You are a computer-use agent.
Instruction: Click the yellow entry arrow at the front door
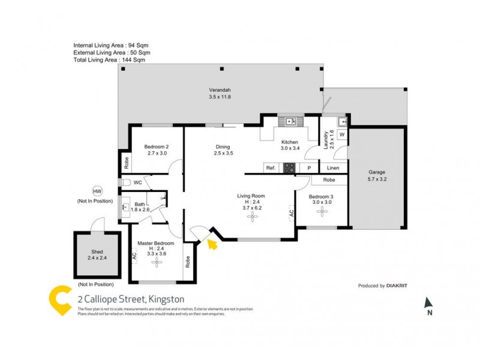pos(211,242)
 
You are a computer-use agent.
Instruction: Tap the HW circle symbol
pos(97,191)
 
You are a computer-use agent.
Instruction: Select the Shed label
pos(96,252)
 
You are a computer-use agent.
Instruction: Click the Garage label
pos(377,172)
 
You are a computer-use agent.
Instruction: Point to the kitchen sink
pos(292,121)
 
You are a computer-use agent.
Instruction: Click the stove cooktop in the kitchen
pos(290,168)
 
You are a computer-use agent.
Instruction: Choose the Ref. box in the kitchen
pos(271,168)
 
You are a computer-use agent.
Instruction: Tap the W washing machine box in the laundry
pos(341,135)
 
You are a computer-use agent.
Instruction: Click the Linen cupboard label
pos(333,168)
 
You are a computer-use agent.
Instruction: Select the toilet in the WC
pos(125,182)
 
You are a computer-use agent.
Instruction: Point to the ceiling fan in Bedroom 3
pos(322,213)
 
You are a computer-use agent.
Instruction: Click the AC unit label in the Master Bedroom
pos(134,256)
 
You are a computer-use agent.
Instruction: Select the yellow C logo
pos(60,301)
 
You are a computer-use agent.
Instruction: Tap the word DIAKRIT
pos(397,286)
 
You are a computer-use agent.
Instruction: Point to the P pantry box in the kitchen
pos(309,168)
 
